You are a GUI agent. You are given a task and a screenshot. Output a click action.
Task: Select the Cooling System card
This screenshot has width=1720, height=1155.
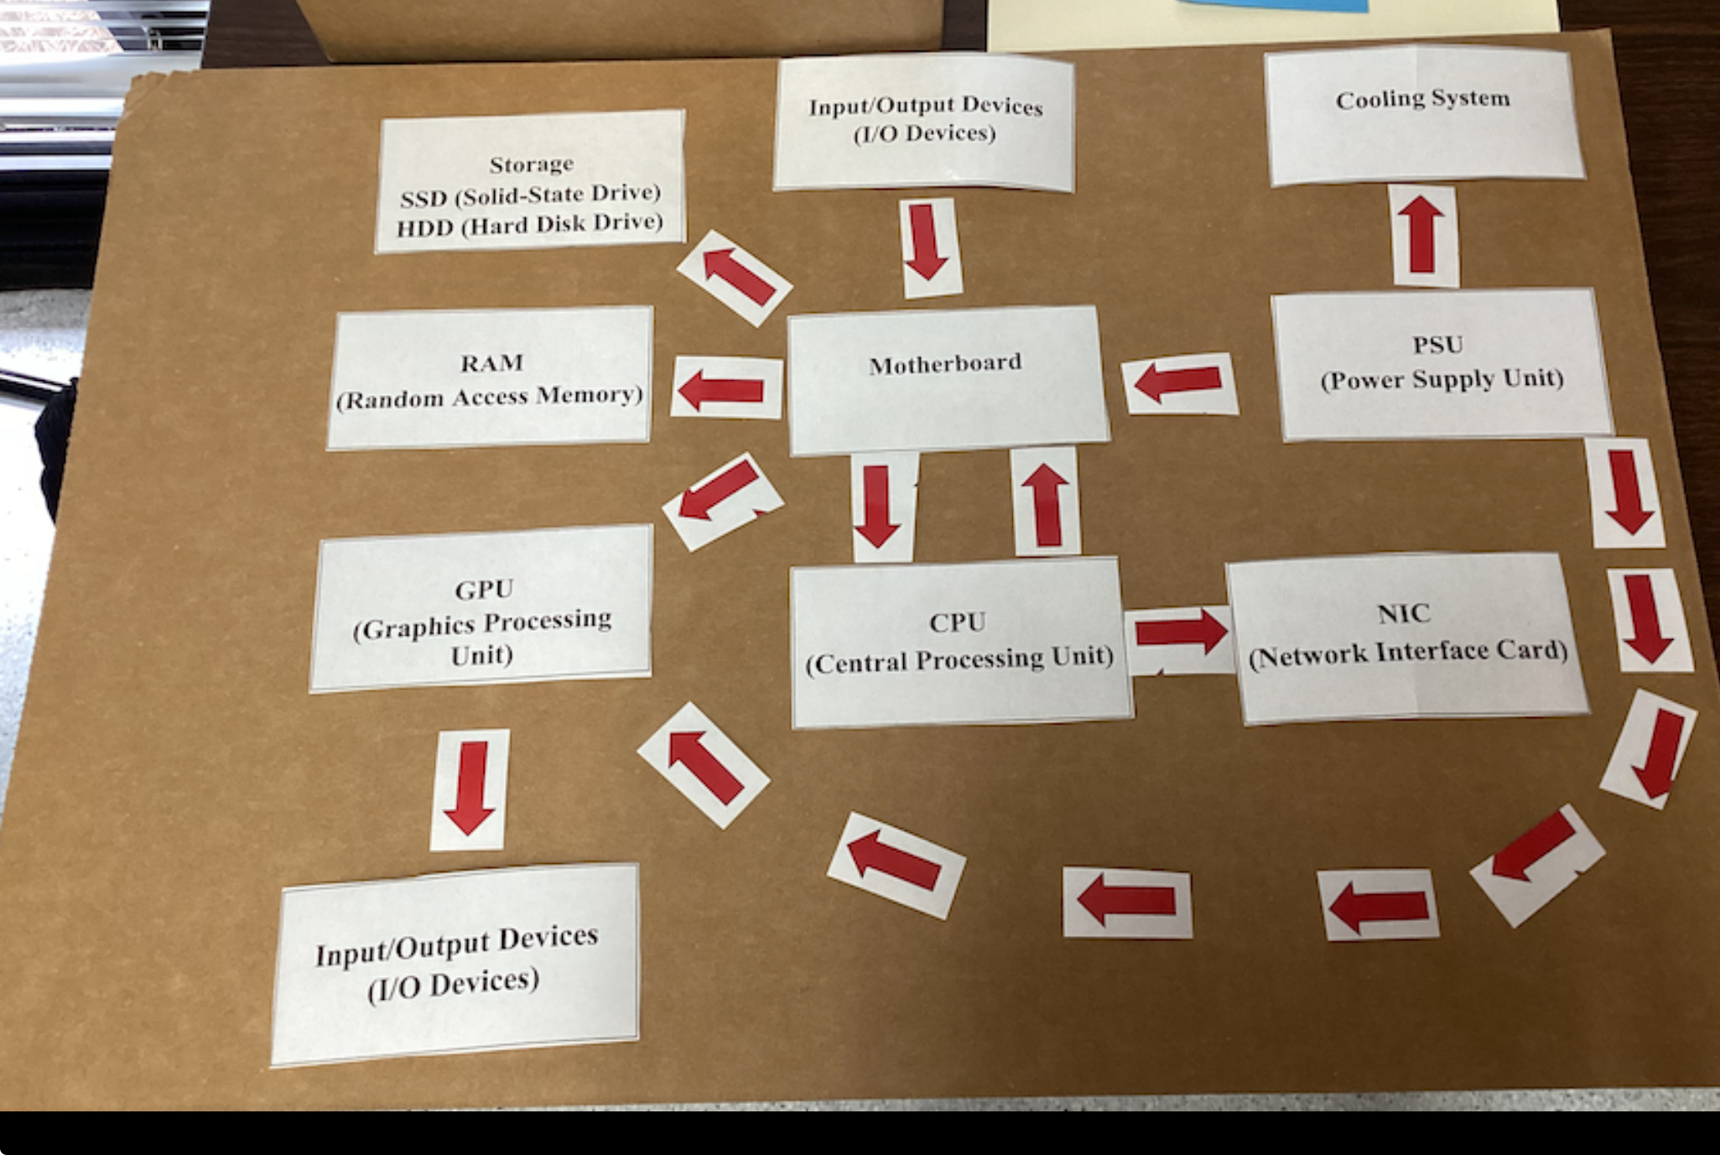tap(1423, 114)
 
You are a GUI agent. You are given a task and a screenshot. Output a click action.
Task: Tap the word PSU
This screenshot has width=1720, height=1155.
tap(1437, 345)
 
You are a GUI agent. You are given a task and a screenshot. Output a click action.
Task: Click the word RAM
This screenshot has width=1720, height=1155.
tap(491, 362)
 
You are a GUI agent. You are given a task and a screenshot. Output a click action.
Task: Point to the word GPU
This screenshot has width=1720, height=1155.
tap(484, 590)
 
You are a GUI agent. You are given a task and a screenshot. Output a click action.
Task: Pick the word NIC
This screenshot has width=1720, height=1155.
tap(1403, 614)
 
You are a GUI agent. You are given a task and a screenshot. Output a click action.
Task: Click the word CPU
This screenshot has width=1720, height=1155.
tap(957, 622)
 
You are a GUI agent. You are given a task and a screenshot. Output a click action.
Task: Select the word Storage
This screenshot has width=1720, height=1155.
tap(532, 164)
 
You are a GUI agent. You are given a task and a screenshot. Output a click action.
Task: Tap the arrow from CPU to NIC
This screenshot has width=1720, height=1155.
tap(1180, 632)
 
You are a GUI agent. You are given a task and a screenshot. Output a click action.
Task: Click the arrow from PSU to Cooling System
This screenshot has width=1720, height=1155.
tap(1423, 234)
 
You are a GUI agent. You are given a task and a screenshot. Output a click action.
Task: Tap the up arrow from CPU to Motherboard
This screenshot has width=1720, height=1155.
tap(1045, 504)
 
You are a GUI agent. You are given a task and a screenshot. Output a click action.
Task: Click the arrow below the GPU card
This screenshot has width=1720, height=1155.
tap(470, 788)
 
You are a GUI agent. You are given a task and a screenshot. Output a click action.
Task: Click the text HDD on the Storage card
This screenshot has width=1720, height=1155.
tap(424, 228)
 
